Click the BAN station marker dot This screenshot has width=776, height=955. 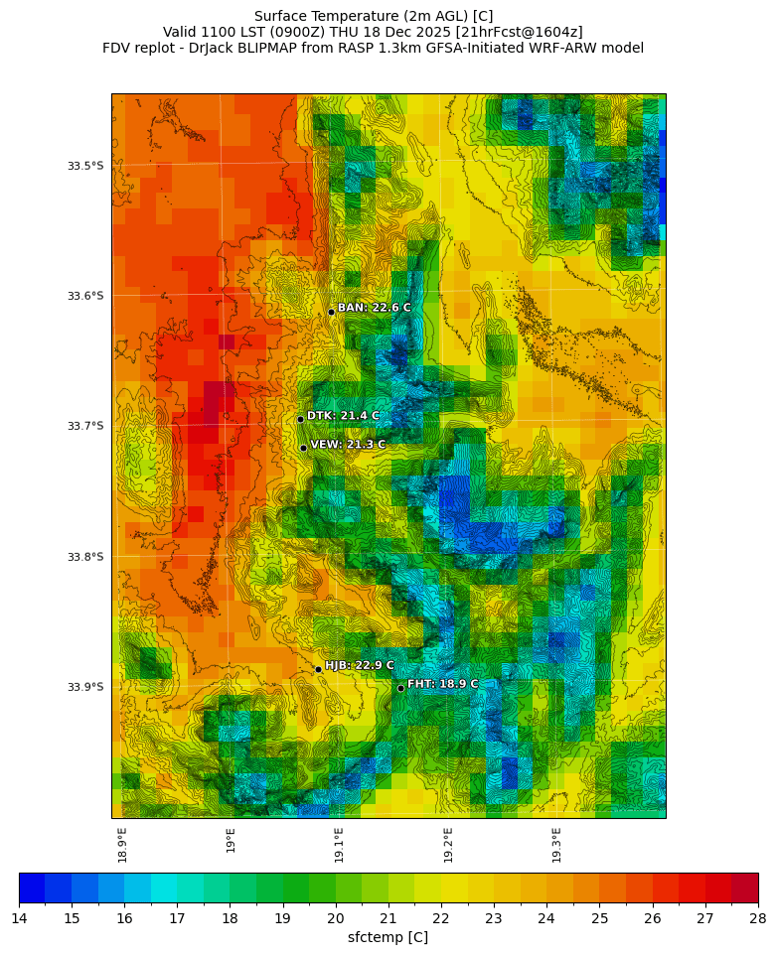[x=331, y=312]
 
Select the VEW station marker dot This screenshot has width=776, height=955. [x=303, y=448]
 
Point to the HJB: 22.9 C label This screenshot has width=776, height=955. [x=360, y=665]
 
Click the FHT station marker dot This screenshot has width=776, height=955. [x=400, y=688]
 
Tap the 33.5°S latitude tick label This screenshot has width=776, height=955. [x=85, y=166]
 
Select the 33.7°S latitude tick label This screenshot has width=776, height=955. [x=85, y=426]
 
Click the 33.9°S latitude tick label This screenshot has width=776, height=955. [x=85, y=687]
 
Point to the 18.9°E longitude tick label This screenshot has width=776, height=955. [x=123, y=845]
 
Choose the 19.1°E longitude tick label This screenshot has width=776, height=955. [x=340, y=845]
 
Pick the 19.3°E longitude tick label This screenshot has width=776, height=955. [x=557, y=845]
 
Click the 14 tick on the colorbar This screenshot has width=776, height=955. [x=19, y=917]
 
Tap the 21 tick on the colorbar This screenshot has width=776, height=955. [x=388, y=917]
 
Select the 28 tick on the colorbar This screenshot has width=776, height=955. [x=758, y=917]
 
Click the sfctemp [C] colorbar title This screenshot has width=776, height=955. [x=388, y=937]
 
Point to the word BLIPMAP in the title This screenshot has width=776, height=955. [x=282, y=48]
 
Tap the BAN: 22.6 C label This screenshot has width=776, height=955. [x=374, y=308]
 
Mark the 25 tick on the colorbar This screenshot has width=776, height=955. [x=600, y=917]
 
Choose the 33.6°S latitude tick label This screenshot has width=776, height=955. [x=85, y=296]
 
